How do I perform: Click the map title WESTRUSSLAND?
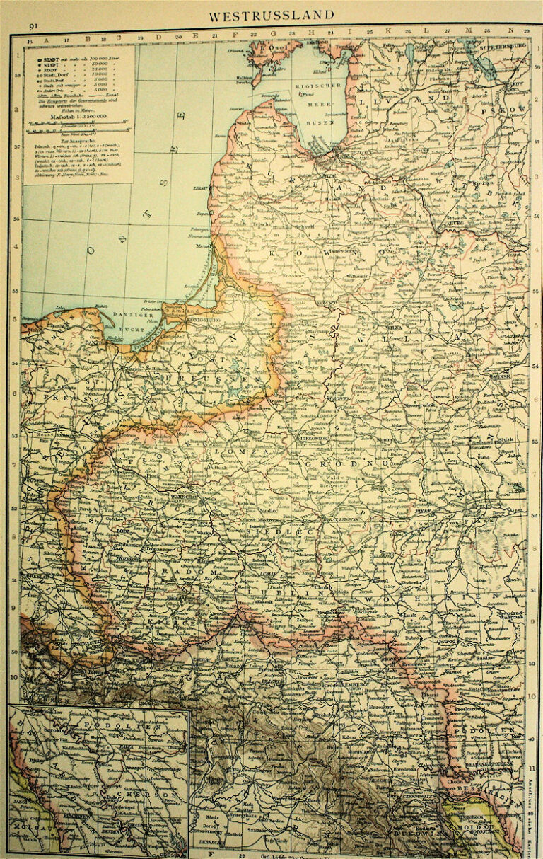click(x=271, y=14)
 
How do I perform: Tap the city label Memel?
click(x=204, y=246)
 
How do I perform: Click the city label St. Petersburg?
click(x=503, y=47)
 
